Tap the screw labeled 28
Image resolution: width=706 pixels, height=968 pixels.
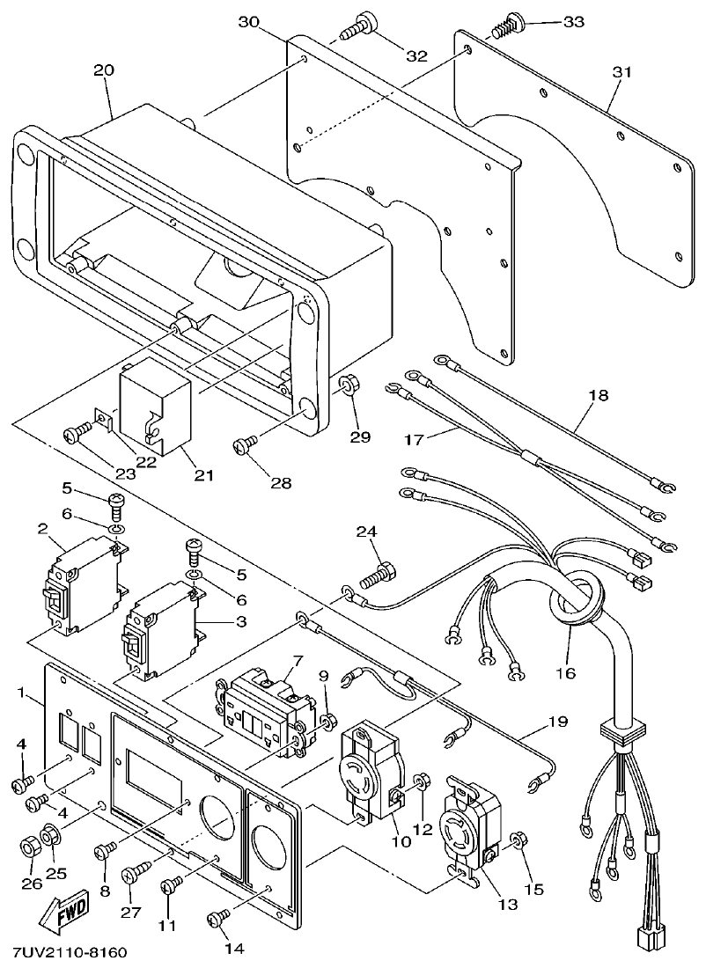coord(245,446)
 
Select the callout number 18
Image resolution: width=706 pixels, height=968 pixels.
coord(598,395)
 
